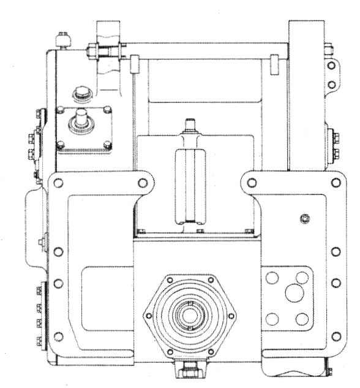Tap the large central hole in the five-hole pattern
click(293, 292)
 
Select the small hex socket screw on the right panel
click(305, 219)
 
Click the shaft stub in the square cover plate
click(81, 120)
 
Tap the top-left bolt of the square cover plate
click(61, 111)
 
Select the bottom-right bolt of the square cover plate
click(107, 145)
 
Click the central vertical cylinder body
click(189, 184)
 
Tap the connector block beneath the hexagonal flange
click(189, 369)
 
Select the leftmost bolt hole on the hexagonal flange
click(148, 318)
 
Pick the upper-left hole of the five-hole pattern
click(272, 278)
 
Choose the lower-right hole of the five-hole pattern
click(301, 318)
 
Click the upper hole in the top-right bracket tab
click(331, 66)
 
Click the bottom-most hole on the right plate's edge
click(335, 336)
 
